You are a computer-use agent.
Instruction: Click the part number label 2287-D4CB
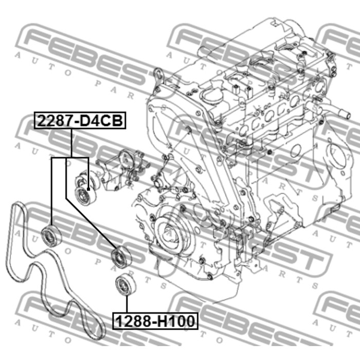[80, 120]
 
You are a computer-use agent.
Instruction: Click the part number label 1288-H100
[155, 321]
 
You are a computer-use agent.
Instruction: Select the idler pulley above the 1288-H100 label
[125, 283]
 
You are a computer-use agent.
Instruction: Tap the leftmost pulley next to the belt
[51, 235]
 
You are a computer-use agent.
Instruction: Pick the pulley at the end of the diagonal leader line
[121, 257]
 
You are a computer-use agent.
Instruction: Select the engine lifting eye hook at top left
[159, 75]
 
